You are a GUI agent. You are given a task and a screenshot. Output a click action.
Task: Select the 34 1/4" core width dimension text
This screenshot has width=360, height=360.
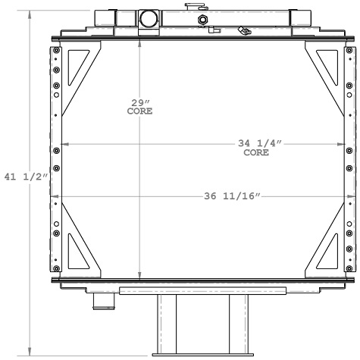255,144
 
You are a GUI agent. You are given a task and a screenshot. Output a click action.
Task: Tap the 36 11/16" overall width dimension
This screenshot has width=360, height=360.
232,196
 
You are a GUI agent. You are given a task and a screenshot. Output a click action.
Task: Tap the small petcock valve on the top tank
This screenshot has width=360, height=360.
243,31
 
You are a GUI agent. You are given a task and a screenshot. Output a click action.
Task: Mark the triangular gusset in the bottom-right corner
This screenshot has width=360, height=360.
326,255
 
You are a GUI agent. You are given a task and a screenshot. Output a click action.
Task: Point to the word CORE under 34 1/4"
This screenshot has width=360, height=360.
255,152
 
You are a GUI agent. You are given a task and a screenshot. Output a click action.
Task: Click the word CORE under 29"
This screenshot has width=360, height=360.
139,111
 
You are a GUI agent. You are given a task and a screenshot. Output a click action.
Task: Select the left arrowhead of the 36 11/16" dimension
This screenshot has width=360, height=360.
55,196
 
